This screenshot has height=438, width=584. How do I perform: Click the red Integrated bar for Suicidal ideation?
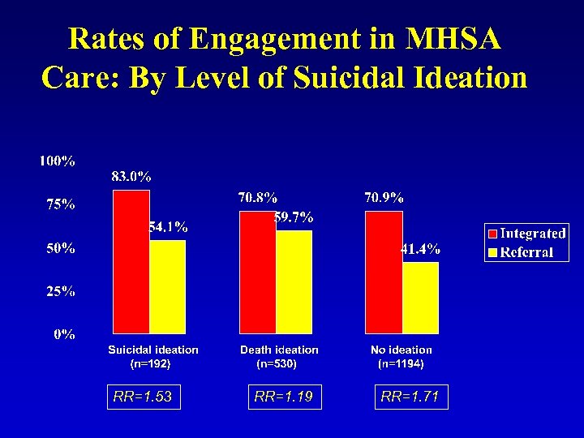point(131,261)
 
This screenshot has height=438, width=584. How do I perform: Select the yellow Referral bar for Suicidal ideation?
point(167,286)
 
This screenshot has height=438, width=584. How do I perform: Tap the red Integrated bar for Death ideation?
point(258,273)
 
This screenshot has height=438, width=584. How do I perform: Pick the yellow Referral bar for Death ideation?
point(294,281)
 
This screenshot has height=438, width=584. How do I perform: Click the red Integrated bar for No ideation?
point(384,273)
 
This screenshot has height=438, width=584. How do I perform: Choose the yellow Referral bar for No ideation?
point(420,297)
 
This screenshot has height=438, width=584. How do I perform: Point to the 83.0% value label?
point(131,176)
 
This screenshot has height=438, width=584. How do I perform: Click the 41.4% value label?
point(421,249)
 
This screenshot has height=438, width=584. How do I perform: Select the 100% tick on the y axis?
point(58,161)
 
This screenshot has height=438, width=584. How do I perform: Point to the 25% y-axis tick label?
point(60,291)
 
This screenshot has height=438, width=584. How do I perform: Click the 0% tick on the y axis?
point(65,333)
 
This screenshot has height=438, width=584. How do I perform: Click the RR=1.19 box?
point(283,397)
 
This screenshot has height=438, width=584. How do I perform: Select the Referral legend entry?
point(526,252)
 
